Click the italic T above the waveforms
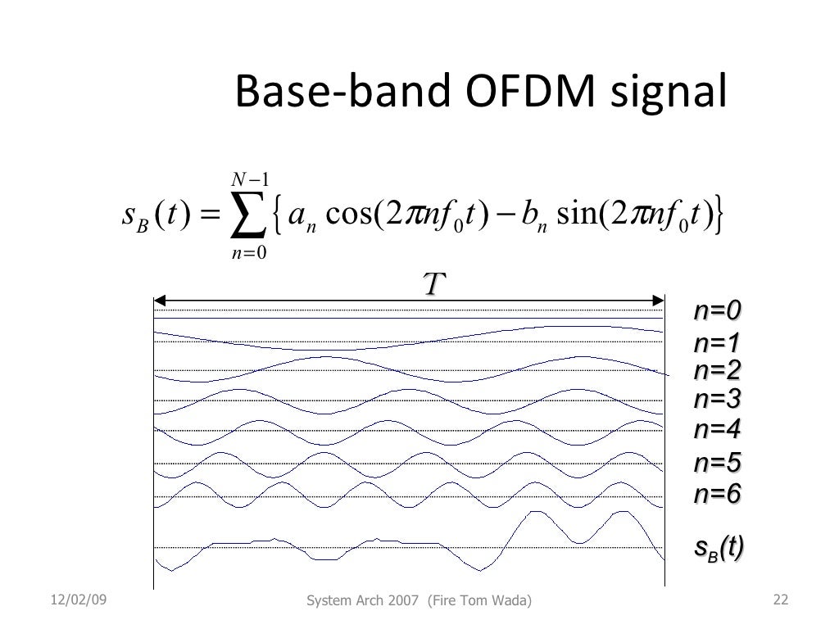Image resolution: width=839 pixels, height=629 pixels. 432,285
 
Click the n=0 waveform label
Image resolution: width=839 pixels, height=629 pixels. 717,311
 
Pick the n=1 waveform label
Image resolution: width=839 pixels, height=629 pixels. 717,342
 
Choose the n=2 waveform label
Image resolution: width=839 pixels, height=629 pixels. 717,371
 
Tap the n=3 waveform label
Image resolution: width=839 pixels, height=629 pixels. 717,400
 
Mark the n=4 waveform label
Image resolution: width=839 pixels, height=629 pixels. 717,429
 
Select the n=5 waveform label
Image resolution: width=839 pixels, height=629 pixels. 717,464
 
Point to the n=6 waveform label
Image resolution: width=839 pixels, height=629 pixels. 717,494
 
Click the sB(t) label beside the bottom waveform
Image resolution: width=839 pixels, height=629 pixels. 719,548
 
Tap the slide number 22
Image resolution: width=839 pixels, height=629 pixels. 780,602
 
